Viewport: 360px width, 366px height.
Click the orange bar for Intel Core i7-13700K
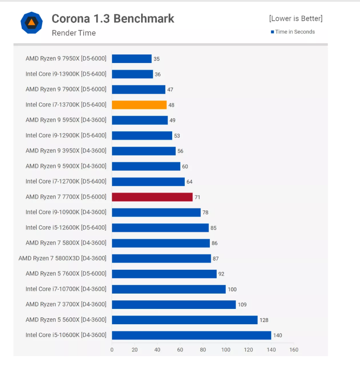point(139,105)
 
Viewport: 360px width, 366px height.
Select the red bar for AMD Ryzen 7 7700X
point(152,197)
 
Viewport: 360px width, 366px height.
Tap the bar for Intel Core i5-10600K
point(191,335)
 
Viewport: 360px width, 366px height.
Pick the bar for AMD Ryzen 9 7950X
point(132,58)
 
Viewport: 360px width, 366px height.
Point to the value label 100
point(232,289)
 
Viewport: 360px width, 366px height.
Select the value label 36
point(157,74)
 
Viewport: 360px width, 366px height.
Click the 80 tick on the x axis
point(203,349)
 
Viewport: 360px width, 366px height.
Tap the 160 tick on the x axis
point(294,349)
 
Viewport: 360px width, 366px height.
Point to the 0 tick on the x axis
point(112,349)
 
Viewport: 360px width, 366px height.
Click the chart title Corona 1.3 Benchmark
point(113,18)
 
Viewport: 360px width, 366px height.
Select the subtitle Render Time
point(74,33)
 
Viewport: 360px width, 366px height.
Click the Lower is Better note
point(296,18)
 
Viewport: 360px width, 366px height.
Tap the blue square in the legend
point(272,32)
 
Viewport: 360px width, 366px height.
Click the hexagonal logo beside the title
point(31,22)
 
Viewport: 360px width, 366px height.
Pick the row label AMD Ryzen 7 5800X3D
point(62,258)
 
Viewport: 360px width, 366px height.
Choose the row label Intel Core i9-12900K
point(66,135)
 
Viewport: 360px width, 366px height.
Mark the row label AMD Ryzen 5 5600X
point(66,320)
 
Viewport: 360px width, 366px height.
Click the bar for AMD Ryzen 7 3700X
point(173,304)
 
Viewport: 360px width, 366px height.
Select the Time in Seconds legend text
point(295,32)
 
